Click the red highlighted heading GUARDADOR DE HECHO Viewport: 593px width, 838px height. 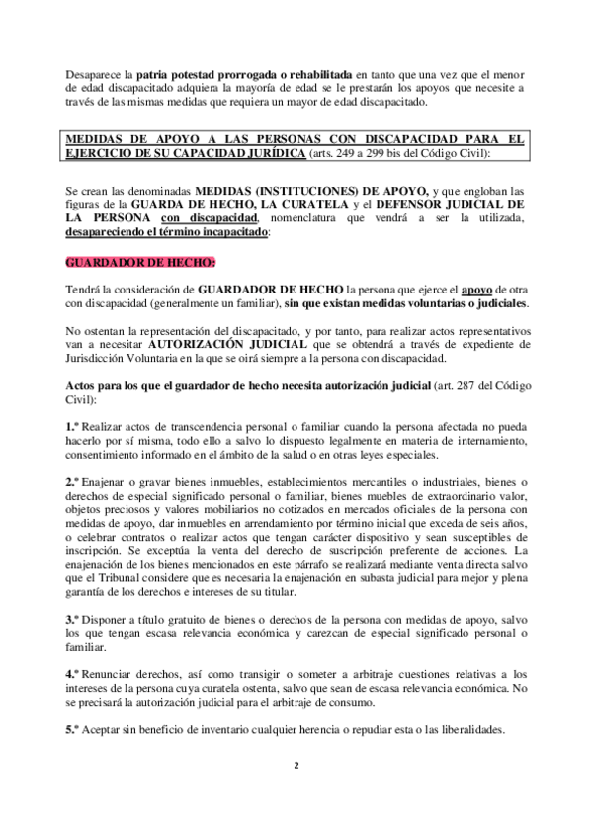pos(130,263)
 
